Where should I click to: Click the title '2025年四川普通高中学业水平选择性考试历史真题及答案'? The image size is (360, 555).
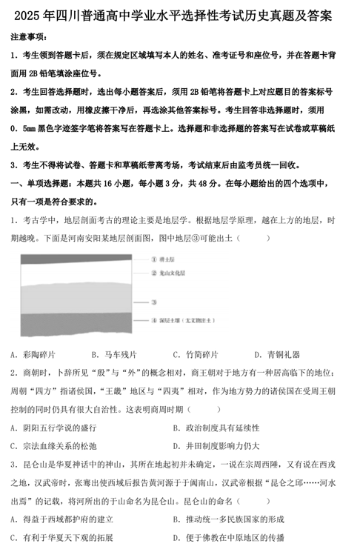click(180, 16)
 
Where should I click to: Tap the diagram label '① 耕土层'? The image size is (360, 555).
click(164, 260)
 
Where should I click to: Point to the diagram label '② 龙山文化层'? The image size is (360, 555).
click(170, 273)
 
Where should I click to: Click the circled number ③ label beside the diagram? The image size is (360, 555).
click(153, 302)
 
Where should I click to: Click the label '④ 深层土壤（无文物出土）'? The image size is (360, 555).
click(182, 320)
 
